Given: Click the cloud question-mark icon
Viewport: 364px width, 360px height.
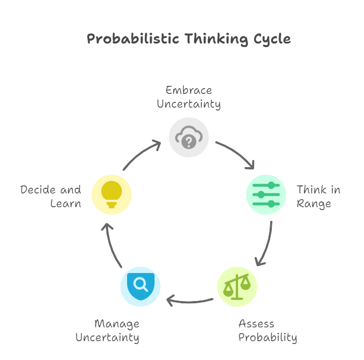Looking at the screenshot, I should [x=188, y=137].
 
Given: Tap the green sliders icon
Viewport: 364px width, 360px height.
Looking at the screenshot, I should [x=266, y=195].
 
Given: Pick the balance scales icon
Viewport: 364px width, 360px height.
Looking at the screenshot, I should [x=237, y=286].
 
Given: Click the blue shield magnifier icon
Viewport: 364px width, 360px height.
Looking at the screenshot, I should [x=141, y=285].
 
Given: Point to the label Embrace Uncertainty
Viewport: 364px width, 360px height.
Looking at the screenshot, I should [x=189, y=97].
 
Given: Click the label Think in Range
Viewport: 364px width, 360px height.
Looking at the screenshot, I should [x=318, y=196].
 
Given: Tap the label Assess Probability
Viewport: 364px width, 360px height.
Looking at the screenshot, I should [x=267, y=331].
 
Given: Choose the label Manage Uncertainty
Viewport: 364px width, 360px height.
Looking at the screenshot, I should [x=108, y=331].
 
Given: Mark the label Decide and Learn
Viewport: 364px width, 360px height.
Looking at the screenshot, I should [x=51, y=196].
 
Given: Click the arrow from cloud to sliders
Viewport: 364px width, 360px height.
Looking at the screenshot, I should [x=235, y=155].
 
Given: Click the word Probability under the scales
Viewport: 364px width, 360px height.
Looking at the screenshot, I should [x=267, y=338].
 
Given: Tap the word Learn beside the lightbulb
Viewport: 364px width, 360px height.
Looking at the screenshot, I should [x=65, y=203].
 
